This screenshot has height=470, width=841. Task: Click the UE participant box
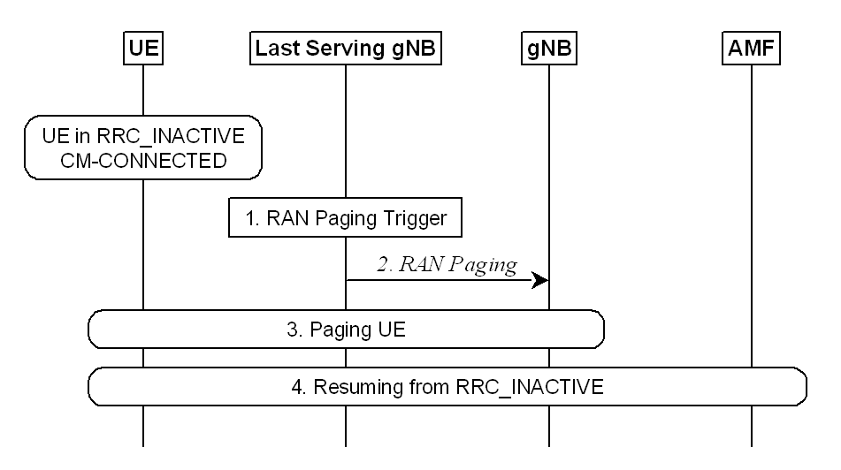pos(142,49)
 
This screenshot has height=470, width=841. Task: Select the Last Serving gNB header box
pos(345,49)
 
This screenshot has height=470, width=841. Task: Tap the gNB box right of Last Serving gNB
pos(548,49)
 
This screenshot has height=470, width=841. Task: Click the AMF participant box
pos(752,49)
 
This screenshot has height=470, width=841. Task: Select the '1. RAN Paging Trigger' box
pos(345,218)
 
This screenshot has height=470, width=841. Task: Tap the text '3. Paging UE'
pos(345,331)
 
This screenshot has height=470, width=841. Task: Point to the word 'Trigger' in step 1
pos(422,218)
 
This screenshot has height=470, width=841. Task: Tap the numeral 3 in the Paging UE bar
pos(292,331)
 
